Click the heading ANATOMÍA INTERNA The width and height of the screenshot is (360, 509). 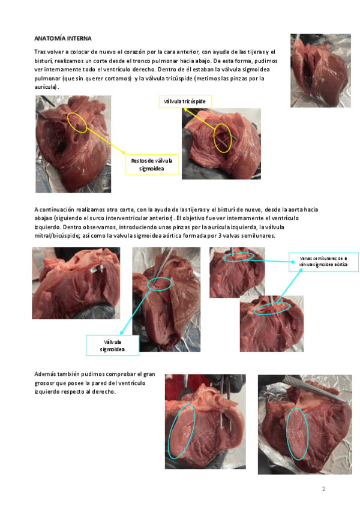[x=55, y=38]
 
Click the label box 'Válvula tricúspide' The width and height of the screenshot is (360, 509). [x=185, y=101]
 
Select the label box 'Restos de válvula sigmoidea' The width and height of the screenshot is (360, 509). [x=152, y=164]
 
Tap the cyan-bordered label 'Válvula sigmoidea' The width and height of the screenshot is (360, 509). [x=113, y=345]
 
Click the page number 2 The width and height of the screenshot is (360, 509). [x=323, y=489]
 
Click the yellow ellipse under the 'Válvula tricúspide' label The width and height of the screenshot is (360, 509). [x=222, y=137]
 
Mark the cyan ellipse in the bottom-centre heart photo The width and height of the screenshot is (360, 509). [x=181, y=431]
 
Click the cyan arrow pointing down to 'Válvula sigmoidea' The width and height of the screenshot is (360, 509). [x=137, y=312]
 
